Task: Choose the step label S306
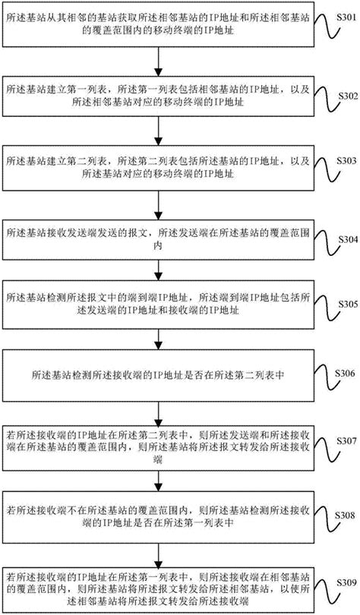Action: [x=346, y=373]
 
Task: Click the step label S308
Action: [x=346, y=516]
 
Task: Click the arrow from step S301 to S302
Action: [x=158, y=61]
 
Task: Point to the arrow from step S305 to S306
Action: [x=158, y=339]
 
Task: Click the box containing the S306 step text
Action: [x=159, y=375]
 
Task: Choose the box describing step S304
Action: [x=159, y=238]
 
